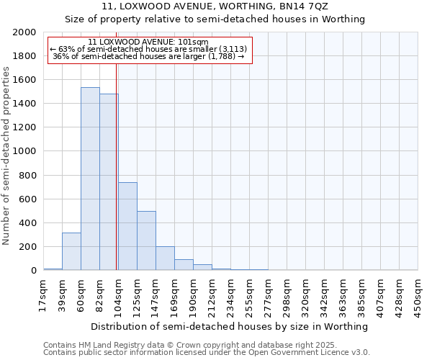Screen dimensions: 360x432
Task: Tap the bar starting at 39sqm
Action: (x=71, y=251)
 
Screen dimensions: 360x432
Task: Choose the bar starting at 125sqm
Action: (x=146, y=240)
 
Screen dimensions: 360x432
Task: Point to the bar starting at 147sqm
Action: (x=165, y=258)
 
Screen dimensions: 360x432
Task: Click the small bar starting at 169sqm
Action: (x=184, y=264)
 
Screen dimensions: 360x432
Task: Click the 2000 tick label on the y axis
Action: (x=24, y=32)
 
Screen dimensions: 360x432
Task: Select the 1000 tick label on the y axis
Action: (x=24, y=151)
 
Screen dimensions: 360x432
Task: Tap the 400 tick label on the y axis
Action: (x=27, y=223)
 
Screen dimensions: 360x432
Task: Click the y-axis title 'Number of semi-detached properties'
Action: (x=6, y=156)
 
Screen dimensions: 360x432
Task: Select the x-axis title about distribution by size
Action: (x=230, y=326)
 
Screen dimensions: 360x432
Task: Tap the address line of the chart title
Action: (x=215, y=6)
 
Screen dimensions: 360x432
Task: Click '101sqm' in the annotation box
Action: (x=194, y=42)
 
